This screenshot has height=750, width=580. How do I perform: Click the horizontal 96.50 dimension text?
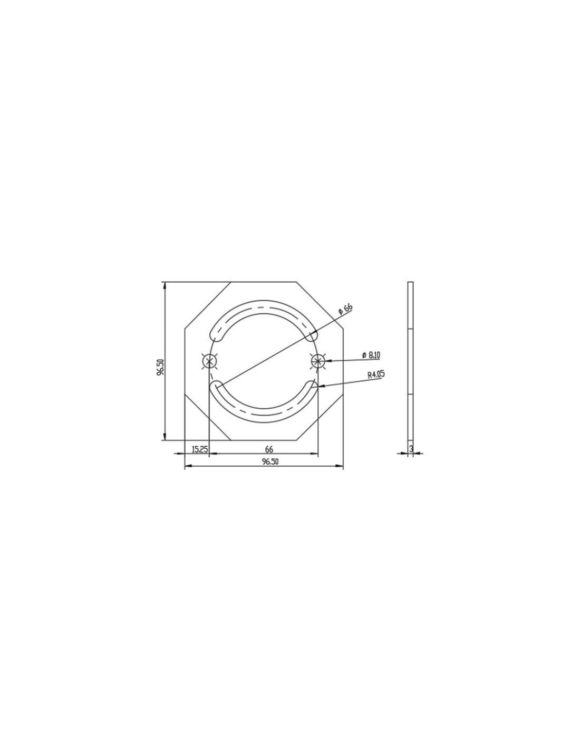point(269,462)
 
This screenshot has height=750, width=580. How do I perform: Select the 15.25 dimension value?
point(199,449)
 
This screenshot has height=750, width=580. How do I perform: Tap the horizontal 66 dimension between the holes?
point(269,449)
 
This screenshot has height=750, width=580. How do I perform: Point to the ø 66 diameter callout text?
point(345,309)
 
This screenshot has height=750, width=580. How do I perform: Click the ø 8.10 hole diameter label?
point(371,355)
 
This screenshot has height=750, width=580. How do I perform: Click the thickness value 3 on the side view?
point(411,449)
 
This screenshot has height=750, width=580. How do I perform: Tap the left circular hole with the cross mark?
point(209,361)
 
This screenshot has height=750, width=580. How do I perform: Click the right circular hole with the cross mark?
point(318,361)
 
